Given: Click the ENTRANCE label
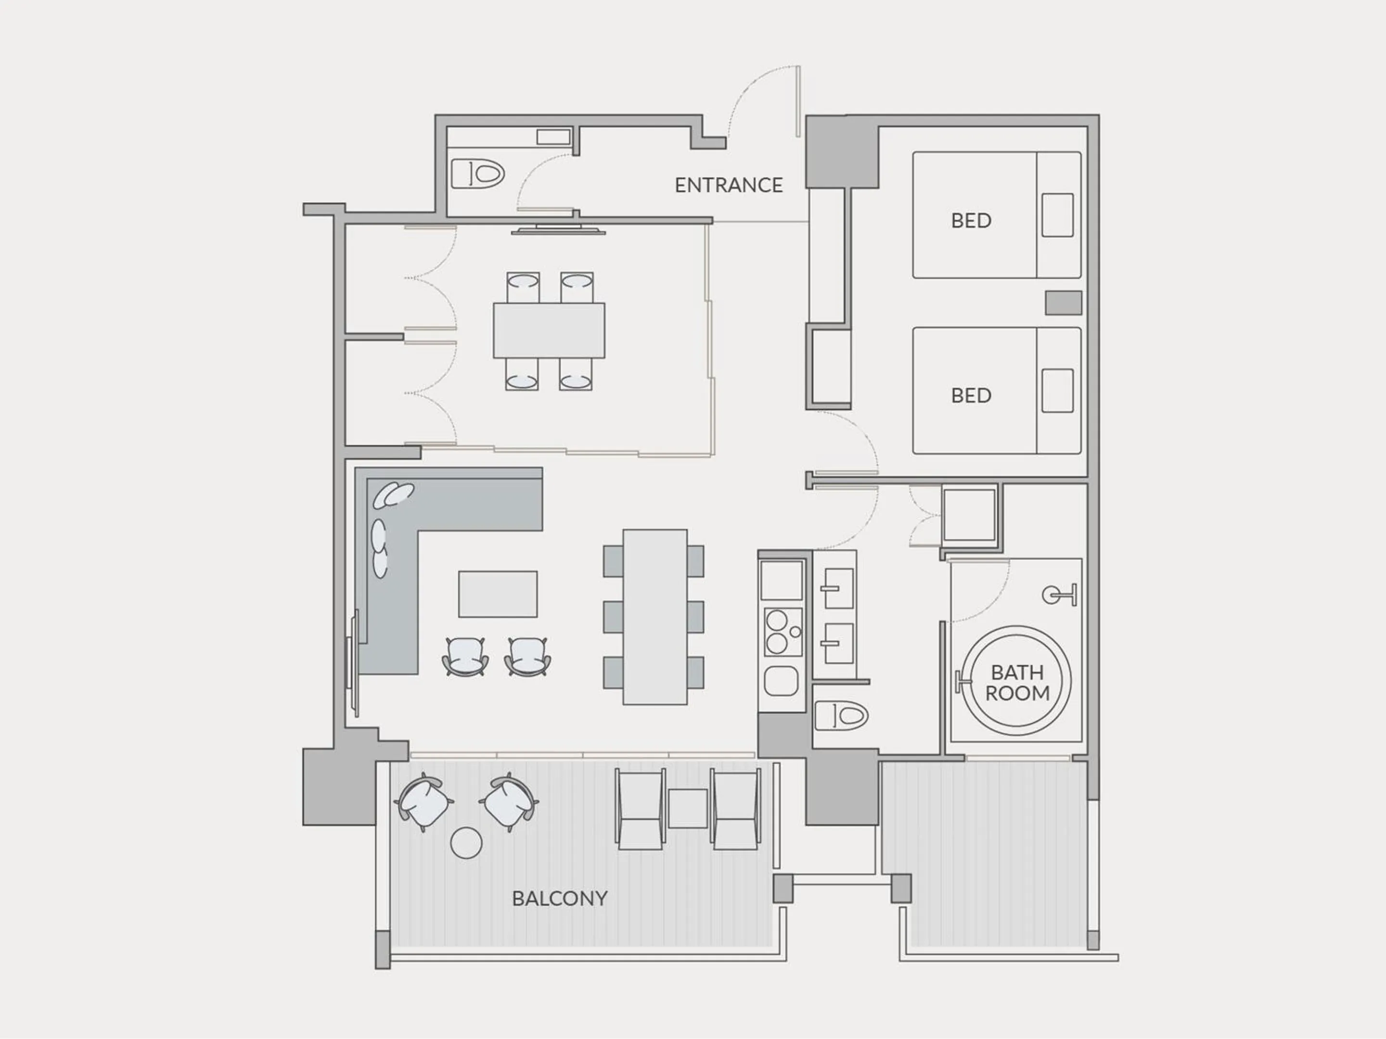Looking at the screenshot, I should point(728,185).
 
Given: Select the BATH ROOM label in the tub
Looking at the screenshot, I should point(1017,683).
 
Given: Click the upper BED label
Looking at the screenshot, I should point(971,220).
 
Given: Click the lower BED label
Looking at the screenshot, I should point(971,395).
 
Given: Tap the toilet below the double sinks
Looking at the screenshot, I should point(842,715).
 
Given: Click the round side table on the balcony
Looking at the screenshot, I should point(466,843).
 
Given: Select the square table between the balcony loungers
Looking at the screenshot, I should point(687,809).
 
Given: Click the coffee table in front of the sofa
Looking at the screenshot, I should point(498,594).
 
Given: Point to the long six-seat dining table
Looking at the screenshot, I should point(655,617).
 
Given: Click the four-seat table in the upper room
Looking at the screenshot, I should point(549,330).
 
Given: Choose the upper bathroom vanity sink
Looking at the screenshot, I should point(838,589).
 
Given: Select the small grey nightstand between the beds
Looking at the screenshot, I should point(1063,303).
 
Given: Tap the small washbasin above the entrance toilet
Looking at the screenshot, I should point(553,137).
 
